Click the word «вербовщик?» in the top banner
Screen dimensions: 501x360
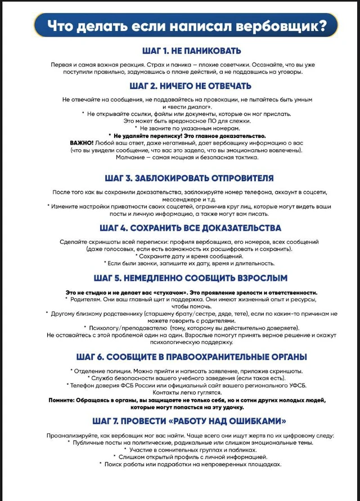click(281, 26)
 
